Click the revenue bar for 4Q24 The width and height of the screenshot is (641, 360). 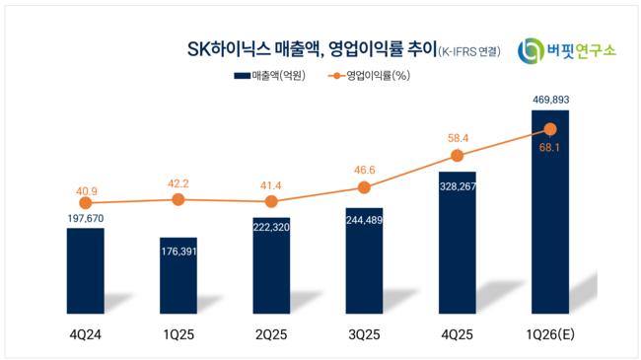coord(86,271)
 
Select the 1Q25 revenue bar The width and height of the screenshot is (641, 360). coord(178,275)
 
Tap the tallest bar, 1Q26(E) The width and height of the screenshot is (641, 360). coord(550,212)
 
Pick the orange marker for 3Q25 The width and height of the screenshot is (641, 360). coord(364,187)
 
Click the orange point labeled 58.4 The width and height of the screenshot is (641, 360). coord(457,156)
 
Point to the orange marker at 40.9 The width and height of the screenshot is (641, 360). coord(86,202)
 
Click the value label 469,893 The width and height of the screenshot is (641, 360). coord(550,100)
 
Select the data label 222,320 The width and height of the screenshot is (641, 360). coord(271,227)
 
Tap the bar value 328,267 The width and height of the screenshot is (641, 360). coord(458,186)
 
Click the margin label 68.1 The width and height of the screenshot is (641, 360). coord(549,148)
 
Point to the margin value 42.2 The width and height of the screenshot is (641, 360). coord(178,183)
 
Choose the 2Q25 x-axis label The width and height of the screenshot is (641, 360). coord(271,334)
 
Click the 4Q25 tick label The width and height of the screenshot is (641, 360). coord(457,334)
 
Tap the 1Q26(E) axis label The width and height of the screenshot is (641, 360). coord(550,334)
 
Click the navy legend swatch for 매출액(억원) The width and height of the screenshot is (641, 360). coord(242,76)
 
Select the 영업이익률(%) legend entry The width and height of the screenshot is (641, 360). coord(369,76)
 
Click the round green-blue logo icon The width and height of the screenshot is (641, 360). coord(531,50)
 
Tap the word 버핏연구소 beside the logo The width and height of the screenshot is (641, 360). coord(581,50)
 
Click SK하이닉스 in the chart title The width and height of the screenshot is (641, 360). coord(229,49)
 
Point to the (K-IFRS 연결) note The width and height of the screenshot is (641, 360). coord(469,51)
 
